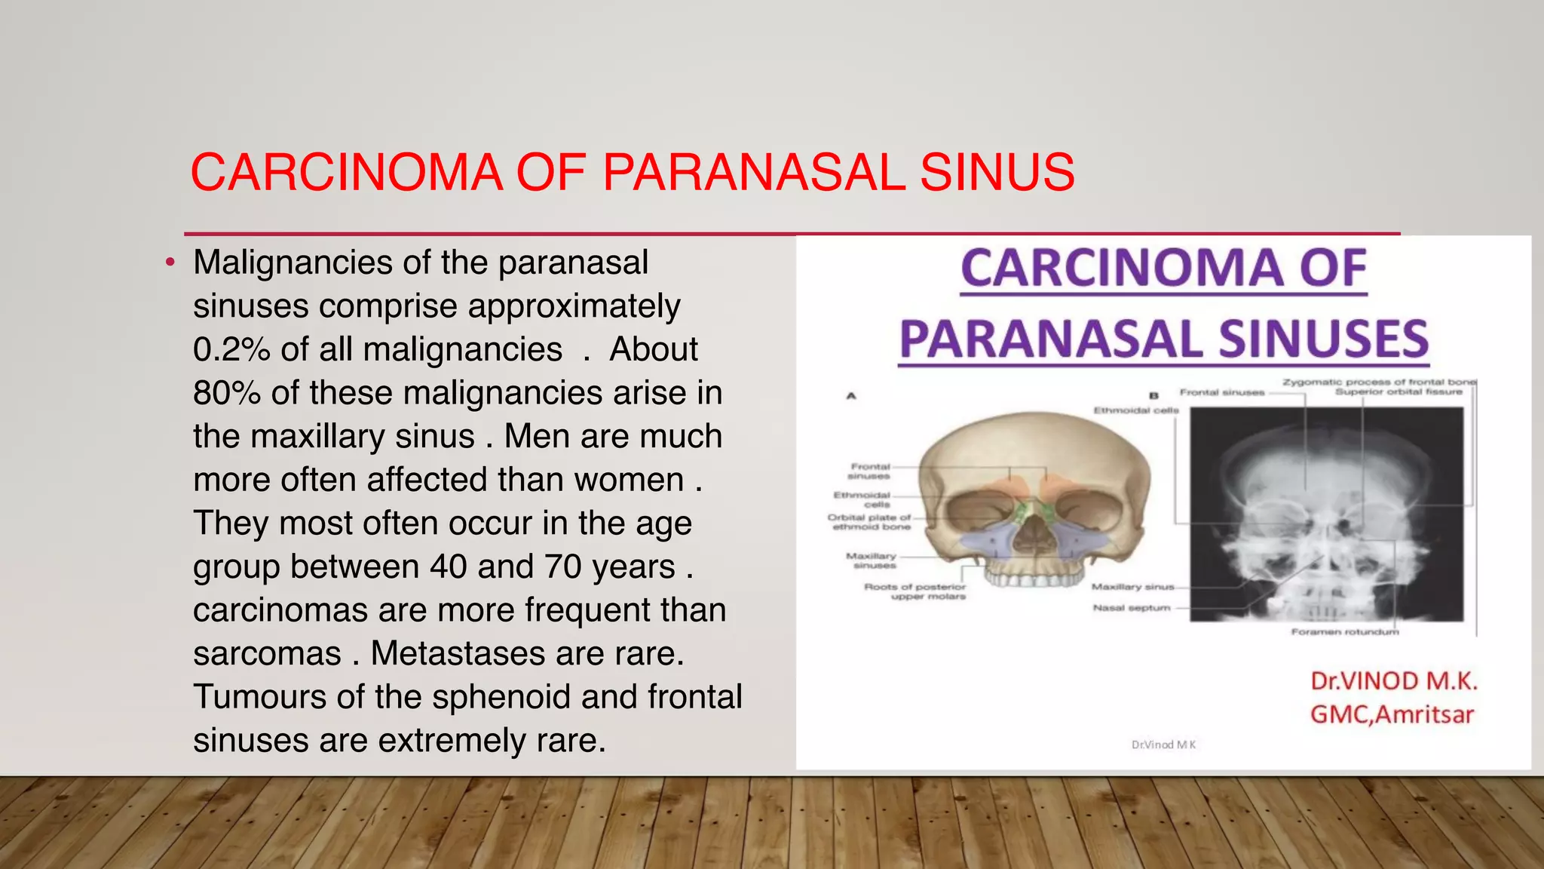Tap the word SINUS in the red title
[997, 173]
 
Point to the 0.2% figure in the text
[231, 350]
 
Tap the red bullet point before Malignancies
[171, 263]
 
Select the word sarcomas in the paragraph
[267, 653]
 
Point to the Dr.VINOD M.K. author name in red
[1393, 681]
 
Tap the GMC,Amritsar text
[1392, 714]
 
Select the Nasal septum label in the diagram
[1132, 608]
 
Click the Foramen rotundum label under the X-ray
[1344, 632]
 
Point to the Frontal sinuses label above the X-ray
[1221, 392]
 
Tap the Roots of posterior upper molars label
[914, 591]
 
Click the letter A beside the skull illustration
[851, 395]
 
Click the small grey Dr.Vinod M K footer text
[1163, 745]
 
